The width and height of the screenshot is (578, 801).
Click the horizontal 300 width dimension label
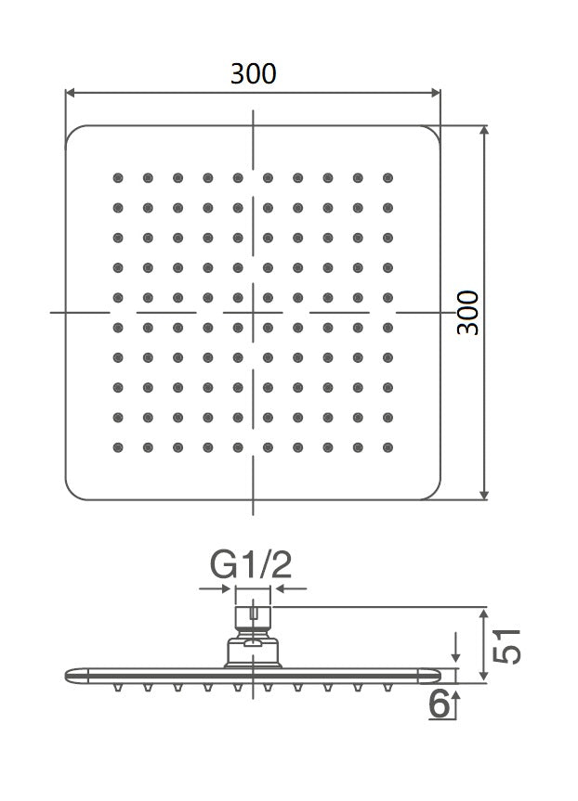point(254,73)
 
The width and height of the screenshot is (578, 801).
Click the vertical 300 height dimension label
point(469,313)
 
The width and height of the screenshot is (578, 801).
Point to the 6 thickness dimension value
point(440,704)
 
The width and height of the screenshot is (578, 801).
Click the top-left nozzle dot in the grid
point(118,177)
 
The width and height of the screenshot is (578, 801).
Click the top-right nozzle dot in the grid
point(388,177)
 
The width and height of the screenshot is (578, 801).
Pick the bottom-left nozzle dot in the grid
point(118,447)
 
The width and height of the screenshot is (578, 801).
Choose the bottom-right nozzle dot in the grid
point(388,447)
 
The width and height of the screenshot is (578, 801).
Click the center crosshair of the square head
point(253,313)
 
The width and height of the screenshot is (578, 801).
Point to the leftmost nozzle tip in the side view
point(118,689)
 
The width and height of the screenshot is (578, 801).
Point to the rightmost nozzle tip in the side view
point(388,689)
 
